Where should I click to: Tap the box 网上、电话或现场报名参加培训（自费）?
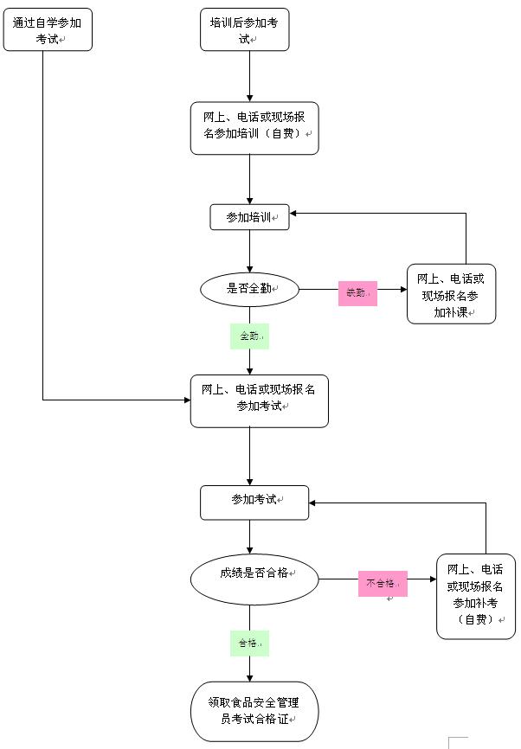[x=254, y=128]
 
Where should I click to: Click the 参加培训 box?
[x=249, y=217]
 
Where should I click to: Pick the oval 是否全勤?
[x=249, y=289]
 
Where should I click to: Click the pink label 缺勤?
[x=357, y=293]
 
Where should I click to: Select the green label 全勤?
[x=249, y=336]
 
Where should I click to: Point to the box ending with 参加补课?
[x=451, y=294]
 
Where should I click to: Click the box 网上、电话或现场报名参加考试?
[x=259, y=400]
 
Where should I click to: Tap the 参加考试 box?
[x=254, y=503]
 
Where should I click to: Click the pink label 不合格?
[x=383, y=584]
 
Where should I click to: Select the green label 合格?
[x=248, y=643]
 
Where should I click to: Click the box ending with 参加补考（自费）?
[x=475, y=596]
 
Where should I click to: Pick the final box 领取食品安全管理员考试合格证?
[x=254, y=711]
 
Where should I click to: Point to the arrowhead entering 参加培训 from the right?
[x=295, y=213]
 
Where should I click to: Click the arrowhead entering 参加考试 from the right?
[x=314, y=503]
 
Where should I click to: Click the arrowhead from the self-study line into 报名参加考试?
[x=186, y=400]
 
